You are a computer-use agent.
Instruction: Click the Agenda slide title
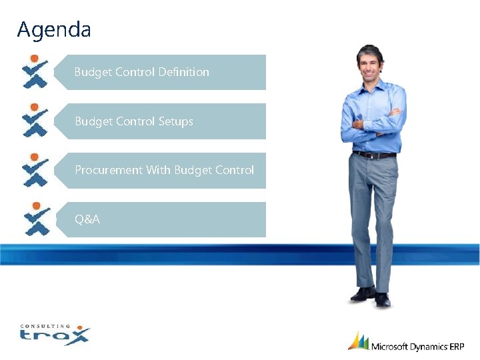click(54, 30)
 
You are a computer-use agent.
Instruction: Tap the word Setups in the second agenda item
click(176, 121)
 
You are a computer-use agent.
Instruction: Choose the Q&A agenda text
click(87, 219)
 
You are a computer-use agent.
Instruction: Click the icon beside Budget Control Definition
click(35, 72)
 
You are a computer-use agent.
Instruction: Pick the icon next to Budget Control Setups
click(35, 121)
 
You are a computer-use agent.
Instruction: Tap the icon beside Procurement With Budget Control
click(35, 170)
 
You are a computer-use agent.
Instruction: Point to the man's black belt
click(374, 155)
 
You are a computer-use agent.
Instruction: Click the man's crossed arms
click(377, 123)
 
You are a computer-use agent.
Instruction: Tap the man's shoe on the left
click(363, 294)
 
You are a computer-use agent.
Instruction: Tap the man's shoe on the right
click(382, 299)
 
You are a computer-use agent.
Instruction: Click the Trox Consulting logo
click(54, 333)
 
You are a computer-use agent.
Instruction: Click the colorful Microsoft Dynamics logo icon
click(359, 341)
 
